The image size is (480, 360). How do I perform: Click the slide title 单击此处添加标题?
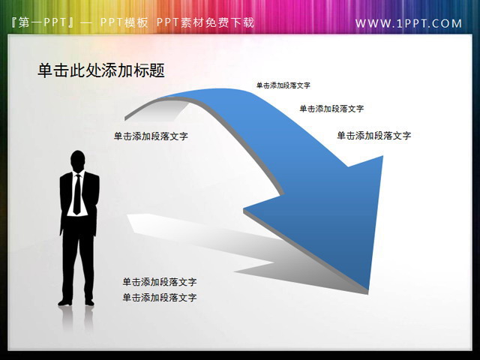[x=101, y=70]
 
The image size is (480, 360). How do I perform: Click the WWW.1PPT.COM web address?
[x=409, y=23]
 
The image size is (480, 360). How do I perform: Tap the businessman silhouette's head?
[x=77, y=160]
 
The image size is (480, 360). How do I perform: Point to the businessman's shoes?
[x=77, y=302]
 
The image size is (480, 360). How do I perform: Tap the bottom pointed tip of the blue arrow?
[x=368, y=289]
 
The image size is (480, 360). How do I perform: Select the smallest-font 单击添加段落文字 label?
[x=283, y=85]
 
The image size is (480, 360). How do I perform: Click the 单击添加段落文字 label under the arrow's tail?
[x=151, y=136]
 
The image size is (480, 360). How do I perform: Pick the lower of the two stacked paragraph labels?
[x=160, y=298]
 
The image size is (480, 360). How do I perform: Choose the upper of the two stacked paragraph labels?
[x=160, y=282]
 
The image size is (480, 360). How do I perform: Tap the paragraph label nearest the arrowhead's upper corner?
[x=373, y=136]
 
